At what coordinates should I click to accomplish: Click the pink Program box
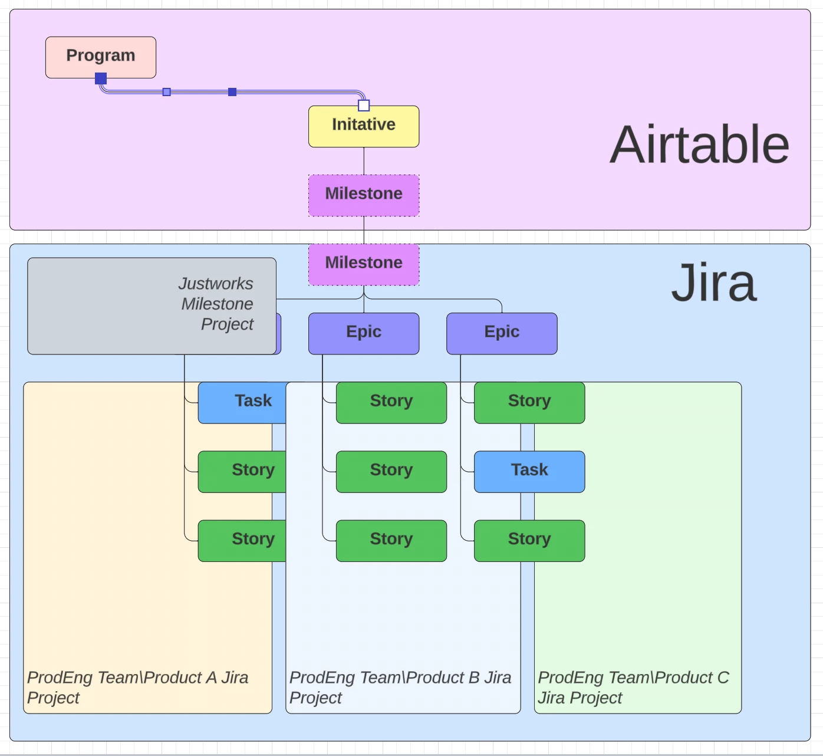click(x=101, y=56)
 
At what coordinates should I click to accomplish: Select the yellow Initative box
click(x=364, y=126)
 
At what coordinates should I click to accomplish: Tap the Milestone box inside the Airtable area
click(x=364, y=195)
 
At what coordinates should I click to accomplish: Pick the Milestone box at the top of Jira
click(x=364, y=264)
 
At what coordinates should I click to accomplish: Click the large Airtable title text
click(x=699, y=145)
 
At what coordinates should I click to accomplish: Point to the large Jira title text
click(x=713, y=283)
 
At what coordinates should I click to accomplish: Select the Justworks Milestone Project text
click(x=216, y=304)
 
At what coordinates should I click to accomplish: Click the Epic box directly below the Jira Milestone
click(x=364, y=333)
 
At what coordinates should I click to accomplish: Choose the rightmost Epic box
click(x=502, y=333)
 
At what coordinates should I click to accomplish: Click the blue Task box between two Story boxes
click(x=529, y=471)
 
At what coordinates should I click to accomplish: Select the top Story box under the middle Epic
click(x=391, y=402)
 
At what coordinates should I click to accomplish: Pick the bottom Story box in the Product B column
click(x=391, y=540)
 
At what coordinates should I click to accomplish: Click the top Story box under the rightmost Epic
click(x=529, y=402)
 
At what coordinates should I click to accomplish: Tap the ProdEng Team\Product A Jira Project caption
click(x=137, y=687)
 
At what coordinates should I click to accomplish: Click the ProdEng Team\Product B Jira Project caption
click(x=400, y=687)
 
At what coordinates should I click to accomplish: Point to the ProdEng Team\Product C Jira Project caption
click(x=633, y=687)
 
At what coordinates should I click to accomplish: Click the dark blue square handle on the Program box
click(x=101, y=78)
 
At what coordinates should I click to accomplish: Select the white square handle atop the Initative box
click(x=364, y=106)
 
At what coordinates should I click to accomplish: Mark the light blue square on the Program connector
click(x=167, y=92)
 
